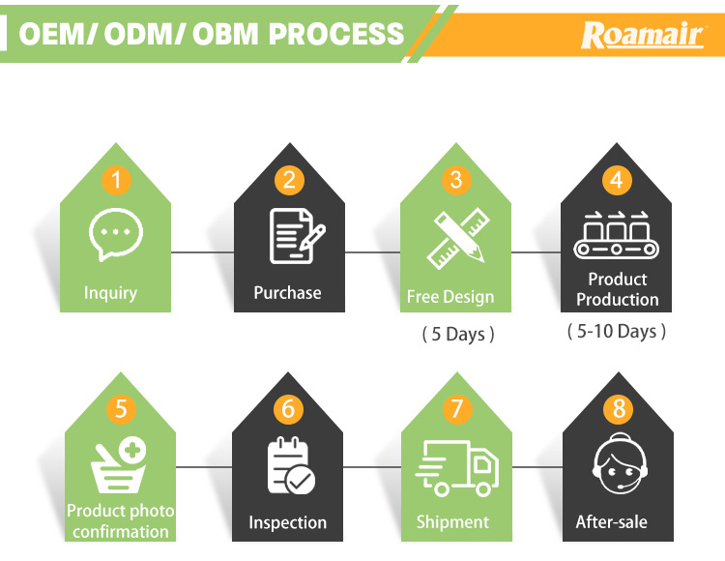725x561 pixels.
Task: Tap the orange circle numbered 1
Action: (x=117, y=179)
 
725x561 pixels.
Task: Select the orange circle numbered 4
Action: (x=616, y=180)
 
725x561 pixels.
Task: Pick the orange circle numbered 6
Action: (x=288, y=409)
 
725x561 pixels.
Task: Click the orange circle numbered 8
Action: (x=619, y=409)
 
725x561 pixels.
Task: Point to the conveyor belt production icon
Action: (x=616, y=235)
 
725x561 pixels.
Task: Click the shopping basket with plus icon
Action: (x=119, y=464)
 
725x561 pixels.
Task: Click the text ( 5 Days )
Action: (x=457, y=335)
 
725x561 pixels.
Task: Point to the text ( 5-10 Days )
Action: (x=617, y=332)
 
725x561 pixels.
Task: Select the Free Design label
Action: (x=450, y=297)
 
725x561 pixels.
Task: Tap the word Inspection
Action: (x=288, y=522)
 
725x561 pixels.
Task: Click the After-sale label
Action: (x=612, y=522)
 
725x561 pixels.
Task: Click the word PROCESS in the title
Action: (x=336, y=34)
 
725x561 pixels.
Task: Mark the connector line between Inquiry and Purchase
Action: (x=202, y=252)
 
